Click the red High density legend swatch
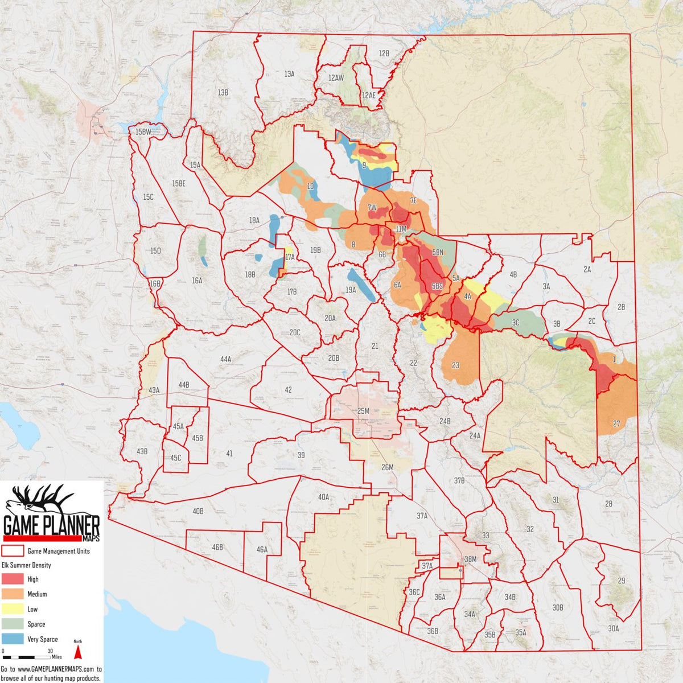pyautogui.click(x=13, y=579)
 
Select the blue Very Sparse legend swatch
pyautogui.click(x=13, y=639)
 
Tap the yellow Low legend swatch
pyautogui.click(x=13, y=609)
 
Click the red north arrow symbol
pyautogui.click(x=78, y=649)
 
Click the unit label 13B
pyautogui.click(x=223, y=92)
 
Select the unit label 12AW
pyautogui.click(x=336, y=78)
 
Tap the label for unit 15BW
pyautogui.click(x=143, y=132)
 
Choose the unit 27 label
pyautogui.click(x=616, y=423)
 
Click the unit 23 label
pyautogui.click(x=455, y=365)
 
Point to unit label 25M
pyautogui.click(x=363, y=411)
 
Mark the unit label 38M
pyautogui.click(x=470, y=559)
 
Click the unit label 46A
pyautogui.click(x=262, y=549)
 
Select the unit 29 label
pyautogui.click(x=621, y=581)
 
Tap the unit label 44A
pyautogui.click(x=226, y=359)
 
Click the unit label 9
pyautogui.click(x=364, y=166)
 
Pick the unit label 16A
pyautogui.click(x=197, y=281)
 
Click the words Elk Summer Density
pyautogui.click(x=26, y=565)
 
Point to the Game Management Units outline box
pyautogui.click(x=13, y=551)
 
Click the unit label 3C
pyautogui.click(x=516, y=323)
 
